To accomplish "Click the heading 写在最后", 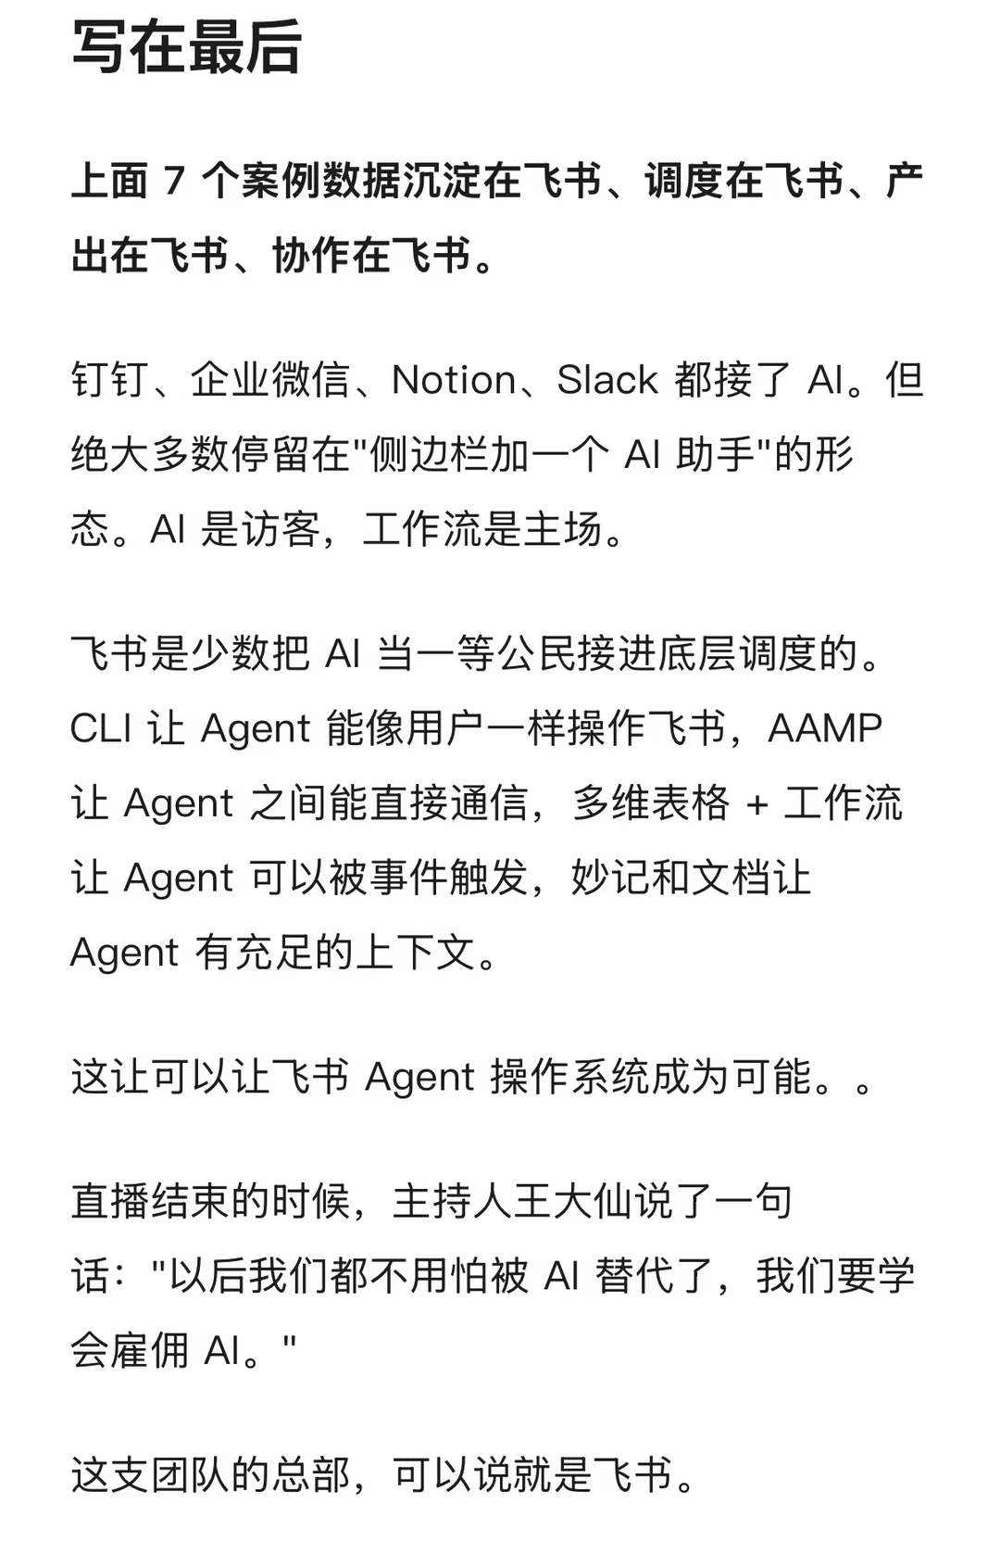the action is click(x=186, y=46).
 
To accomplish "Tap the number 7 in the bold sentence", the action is click(x=174, y=181).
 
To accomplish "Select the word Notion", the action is click(x=454, y=380).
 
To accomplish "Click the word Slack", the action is click(x=607, y=380).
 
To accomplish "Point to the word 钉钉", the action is click(x=110, y=380).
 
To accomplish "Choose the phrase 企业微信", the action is click(x=270, y=380).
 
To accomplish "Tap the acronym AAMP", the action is click(x=825, y=728).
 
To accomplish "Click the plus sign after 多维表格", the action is click(x=756, y=804).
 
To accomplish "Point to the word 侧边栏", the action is click(x=429, y=455).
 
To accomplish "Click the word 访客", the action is click(x=280, y=529).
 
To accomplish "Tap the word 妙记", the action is click(x=610, y=878).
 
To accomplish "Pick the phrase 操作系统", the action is click(x=570, y=1077).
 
